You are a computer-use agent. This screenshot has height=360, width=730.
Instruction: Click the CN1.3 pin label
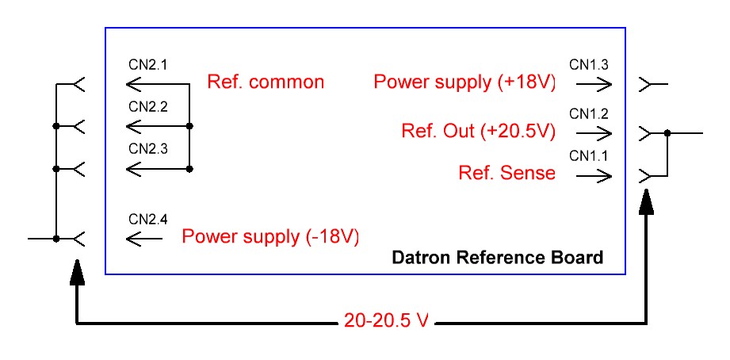(589, 63)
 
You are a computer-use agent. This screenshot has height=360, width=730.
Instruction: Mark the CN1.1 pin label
(589, 156)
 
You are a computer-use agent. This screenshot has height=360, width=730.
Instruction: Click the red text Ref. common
(266, 82)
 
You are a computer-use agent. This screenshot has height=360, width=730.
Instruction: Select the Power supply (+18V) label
(465, 82)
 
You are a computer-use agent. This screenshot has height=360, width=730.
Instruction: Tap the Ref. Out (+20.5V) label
(479, 132)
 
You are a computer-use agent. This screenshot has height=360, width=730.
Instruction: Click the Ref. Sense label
(507, 173)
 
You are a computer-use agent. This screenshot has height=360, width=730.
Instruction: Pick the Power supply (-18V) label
(270, 236)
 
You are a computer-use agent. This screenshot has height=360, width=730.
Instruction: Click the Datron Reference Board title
(497, 258)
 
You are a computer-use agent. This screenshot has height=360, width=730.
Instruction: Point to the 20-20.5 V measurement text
(387, 320)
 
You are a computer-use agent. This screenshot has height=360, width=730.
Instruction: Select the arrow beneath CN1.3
(594, 82)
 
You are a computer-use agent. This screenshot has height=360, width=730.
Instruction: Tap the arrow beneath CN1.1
(594, 174)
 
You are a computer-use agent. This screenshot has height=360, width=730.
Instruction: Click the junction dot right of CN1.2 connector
(668, 133)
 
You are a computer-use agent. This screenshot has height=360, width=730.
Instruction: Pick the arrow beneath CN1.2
(594, 132)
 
